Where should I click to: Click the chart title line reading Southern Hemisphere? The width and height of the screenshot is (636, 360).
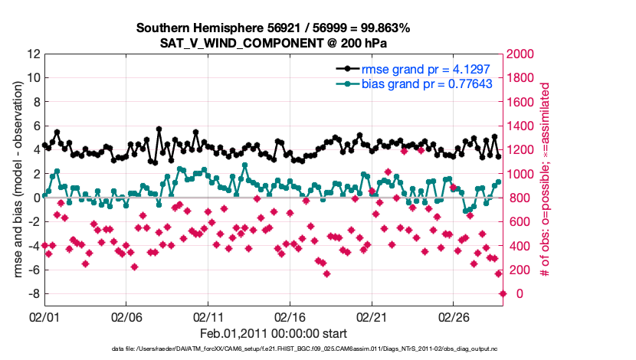click(273, 28)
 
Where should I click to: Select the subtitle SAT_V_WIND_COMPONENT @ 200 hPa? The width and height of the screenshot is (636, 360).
click(273, 44)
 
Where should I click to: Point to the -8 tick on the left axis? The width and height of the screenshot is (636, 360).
click(32, 294)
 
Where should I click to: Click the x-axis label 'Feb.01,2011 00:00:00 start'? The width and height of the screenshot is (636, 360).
click(274, 333)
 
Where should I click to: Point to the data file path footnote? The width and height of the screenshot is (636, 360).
click(274, 349)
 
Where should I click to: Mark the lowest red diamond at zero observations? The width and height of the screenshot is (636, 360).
click(503, 293)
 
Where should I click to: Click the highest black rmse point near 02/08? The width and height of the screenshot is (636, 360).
click(159, 129)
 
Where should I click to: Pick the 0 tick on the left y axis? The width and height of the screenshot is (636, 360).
click(35, 198)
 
